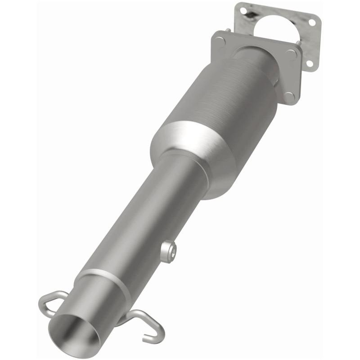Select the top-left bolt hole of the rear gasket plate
click(243, 9)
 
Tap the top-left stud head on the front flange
click(219, 40)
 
